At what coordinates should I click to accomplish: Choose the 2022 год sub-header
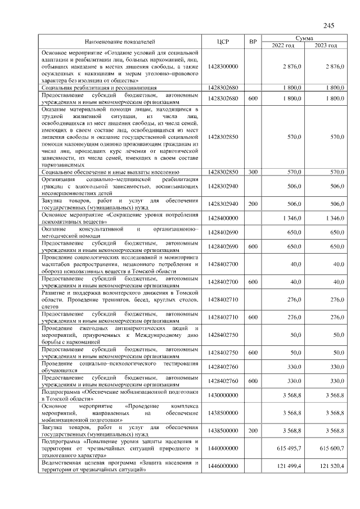(283, 46)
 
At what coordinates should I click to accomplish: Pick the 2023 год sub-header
(326, 46)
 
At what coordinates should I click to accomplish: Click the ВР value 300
(253, 172)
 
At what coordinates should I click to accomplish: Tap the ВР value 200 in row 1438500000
(253, 430)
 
